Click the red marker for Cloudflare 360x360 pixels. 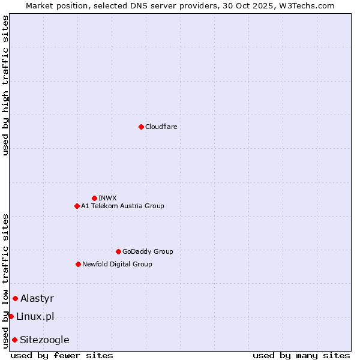coord(141,127)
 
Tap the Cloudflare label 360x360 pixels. coord(161,127)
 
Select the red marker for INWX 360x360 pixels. coord(94,198)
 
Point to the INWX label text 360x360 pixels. coord(107,198)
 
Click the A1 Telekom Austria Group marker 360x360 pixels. coord(77,206)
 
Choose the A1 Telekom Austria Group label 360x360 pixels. coord(122,206)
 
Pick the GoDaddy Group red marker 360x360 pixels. coord(118,251)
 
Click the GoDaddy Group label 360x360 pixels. coord(148,251)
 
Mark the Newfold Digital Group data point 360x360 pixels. coord(78,264)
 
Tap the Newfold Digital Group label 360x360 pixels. coord(117,264)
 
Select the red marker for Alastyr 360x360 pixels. coord(15,298)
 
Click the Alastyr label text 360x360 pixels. coord(37,298)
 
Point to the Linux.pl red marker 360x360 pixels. coord(11,316)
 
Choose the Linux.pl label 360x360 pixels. coord(35,316)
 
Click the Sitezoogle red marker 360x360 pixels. coord(14,340)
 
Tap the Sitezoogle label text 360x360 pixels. coord(44,340)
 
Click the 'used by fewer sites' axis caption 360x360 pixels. coord(62,355)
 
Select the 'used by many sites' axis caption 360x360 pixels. coord(301,355)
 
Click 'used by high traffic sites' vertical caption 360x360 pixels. coord(5,85)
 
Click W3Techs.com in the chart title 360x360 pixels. coord(304,5)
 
